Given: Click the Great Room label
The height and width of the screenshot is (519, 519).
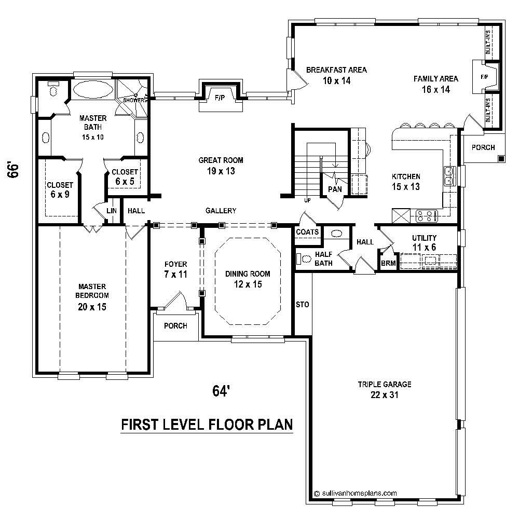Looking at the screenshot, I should [220, 166].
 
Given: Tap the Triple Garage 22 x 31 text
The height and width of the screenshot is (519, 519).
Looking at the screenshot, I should [384, 389].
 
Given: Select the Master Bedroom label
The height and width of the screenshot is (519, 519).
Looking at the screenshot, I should [92, 296].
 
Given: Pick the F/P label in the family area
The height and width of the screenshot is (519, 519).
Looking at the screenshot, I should [484, 77].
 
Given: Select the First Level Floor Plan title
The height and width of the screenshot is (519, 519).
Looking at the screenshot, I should [207, 425].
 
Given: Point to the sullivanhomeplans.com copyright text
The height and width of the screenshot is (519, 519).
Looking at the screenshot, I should [356, 494].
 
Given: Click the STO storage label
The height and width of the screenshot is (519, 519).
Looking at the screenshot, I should [302, 305].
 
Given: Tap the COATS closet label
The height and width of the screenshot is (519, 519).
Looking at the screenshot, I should [307, 232].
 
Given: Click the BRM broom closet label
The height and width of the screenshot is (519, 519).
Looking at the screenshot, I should [388, 263].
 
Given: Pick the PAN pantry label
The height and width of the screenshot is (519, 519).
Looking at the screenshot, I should [334, 189].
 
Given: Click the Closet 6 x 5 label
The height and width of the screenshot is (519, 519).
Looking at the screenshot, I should [125, 176].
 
